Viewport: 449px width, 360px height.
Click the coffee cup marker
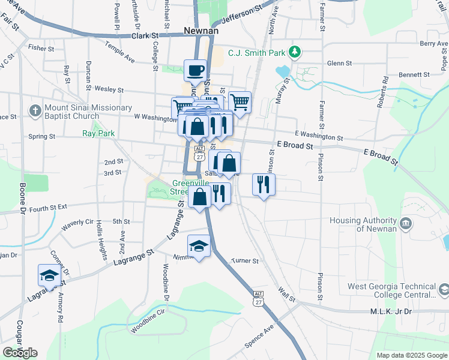(194, 71)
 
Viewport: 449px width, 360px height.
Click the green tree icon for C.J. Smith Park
(294, 52)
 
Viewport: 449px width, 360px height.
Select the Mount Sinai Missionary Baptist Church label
(88, 112)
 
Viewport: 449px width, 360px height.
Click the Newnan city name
(201, 31)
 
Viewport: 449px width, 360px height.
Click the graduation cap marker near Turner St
(199, 247)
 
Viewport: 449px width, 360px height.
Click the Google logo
(20, 352)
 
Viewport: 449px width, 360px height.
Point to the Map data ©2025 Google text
(411, 355)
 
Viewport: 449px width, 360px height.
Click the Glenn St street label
(338, 63)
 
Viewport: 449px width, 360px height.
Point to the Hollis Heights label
(100, 236)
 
